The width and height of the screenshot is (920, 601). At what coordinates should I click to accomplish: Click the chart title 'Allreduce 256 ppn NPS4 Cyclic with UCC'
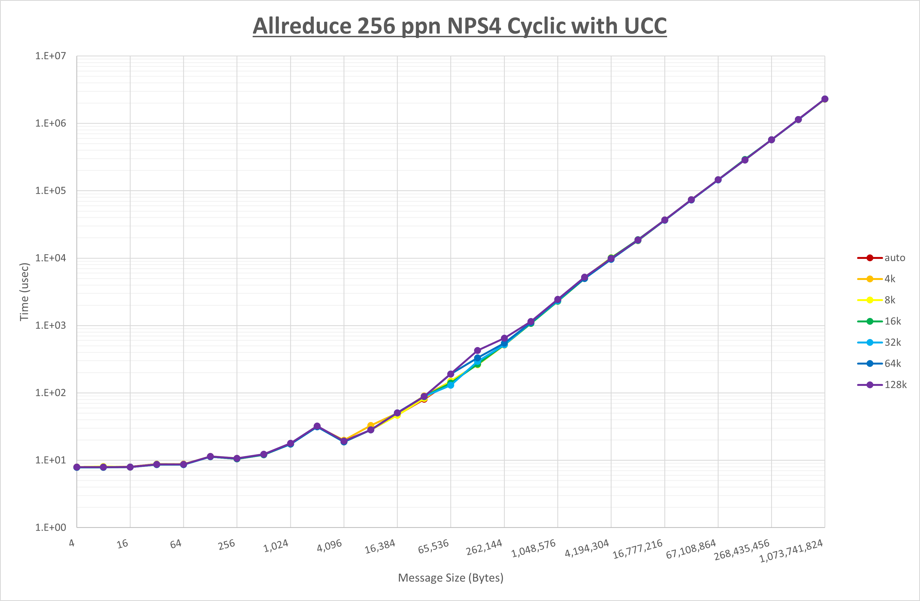click(460, 26)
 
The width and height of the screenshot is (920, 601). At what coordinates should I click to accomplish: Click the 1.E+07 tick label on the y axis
click(51, 56)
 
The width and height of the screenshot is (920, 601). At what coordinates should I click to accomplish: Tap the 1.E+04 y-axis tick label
click(51, 258)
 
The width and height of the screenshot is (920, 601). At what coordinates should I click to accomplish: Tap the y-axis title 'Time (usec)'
click(24, 292)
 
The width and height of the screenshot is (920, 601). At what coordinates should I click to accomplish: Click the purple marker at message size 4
click(77, 467)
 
